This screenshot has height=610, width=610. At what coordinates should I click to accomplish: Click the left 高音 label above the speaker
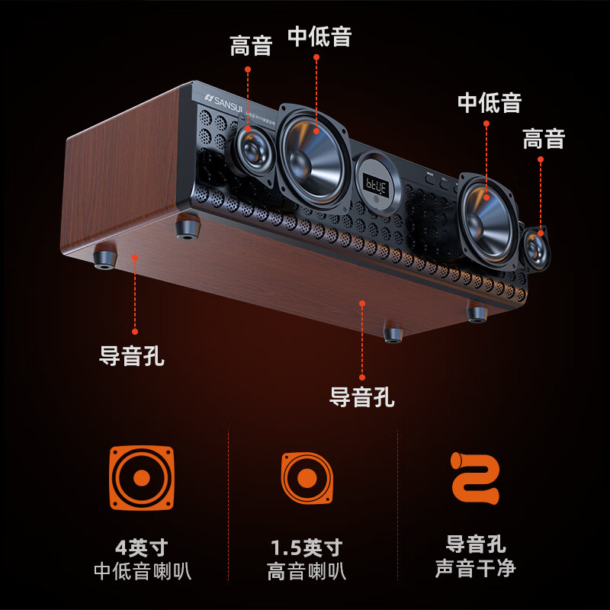pyautogui.click(x=251, y=46)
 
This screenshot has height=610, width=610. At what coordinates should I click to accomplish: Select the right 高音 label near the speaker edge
pyautogui.click(x=544, y=139)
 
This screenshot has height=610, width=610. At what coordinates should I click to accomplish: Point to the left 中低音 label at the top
pyautogui.click(x=319, y=37)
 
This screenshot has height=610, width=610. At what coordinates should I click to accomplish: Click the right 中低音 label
pyautogui.click(x=490, y=102)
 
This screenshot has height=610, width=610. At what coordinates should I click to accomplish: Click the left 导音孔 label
pyautogui.click(x=132, y=356)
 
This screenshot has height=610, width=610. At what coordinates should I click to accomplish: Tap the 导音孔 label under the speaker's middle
pyautogui.click(x=361, y=396)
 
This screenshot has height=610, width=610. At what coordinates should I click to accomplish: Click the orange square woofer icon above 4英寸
pyautogui.click(x=142, y=478)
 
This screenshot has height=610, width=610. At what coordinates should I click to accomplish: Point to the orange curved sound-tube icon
pyautogui.click(x=475, y=477)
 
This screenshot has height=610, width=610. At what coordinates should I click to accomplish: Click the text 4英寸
pyautogui.click(x=142, y=547)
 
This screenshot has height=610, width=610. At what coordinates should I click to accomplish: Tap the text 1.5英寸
pyautogui.click(x=307, y=547)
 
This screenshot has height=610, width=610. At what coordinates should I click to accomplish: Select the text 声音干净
pyautogui.click(x=475, y=569)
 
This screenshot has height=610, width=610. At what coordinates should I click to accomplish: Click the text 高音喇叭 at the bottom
pyautogui.click(x=307, y=571)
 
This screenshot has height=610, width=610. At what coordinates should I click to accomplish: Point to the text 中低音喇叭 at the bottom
pyautogui.click(x=142, y=571)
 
